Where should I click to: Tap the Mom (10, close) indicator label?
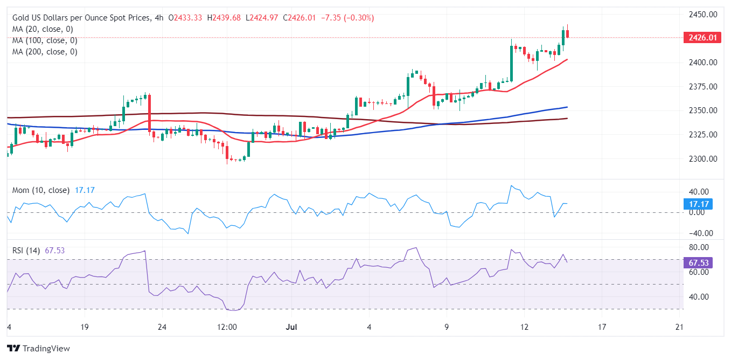[41, 190]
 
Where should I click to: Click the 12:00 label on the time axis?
[227, 327]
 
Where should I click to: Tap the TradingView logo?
[38, 348]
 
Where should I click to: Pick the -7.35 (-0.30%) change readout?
[347, 18]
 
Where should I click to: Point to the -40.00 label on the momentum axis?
[699, 233]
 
